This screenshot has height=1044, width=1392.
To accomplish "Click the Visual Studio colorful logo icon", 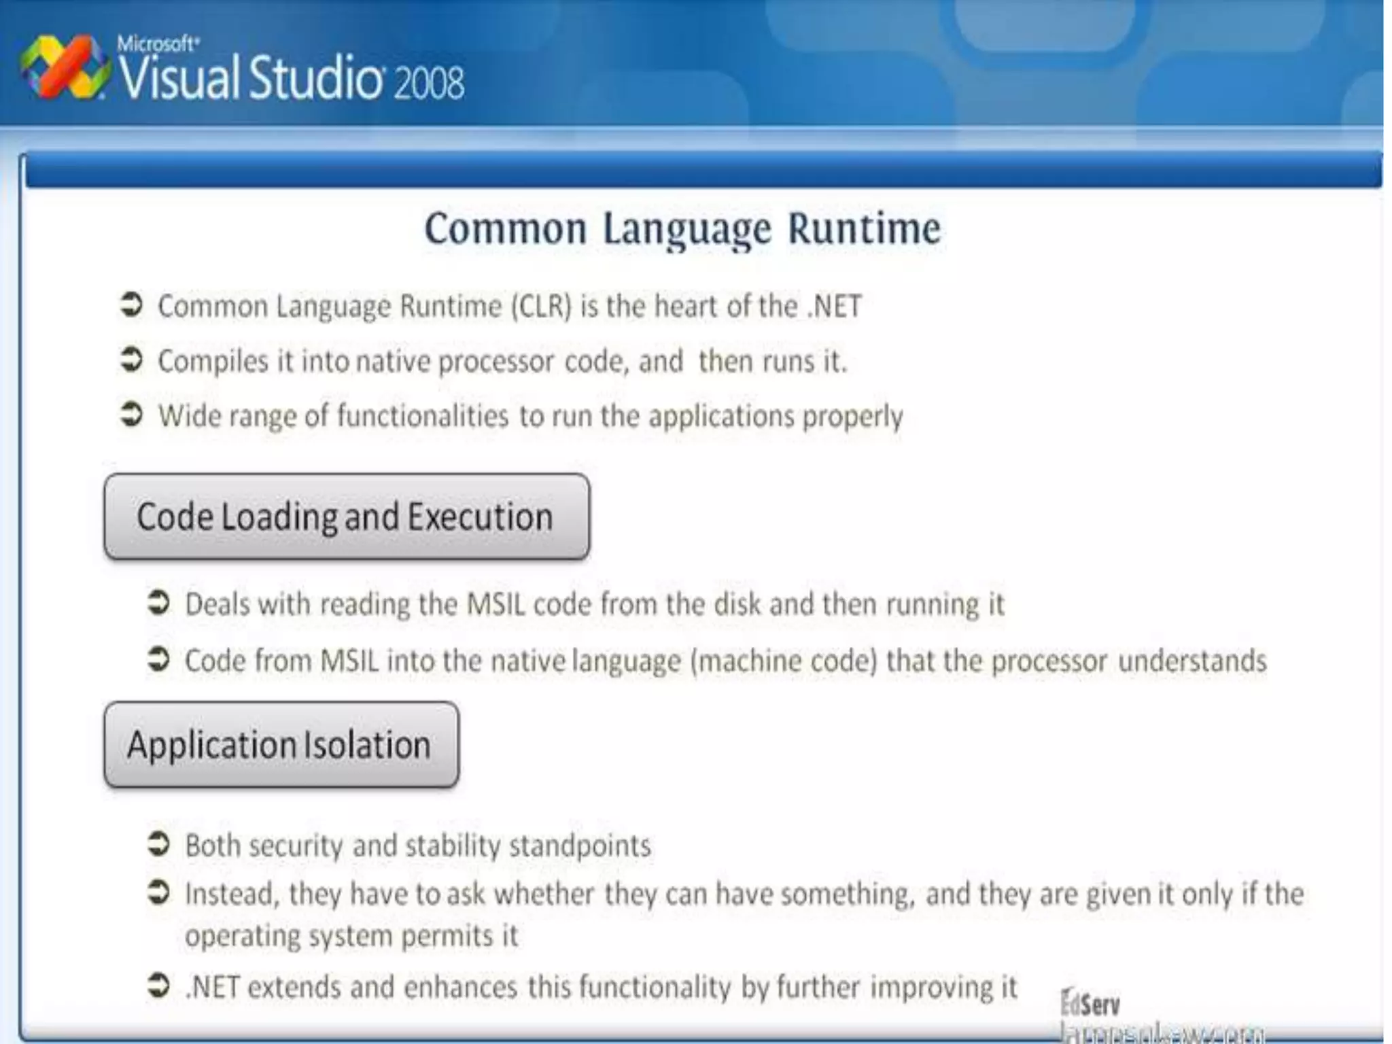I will pos(65,67).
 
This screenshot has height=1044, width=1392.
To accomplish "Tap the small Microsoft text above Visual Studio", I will pos(158,44).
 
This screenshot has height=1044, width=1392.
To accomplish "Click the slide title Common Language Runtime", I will pos(682,228).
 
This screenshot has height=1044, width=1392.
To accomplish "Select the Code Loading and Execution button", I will pos(347,517).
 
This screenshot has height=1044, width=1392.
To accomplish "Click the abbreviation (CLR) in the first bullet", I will pos(541,307).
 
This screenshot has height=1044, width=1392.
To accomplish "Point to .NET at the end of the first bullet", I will pos(835,307).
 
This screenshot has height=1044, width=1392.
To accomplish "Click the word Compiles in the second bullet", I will pos(213,362).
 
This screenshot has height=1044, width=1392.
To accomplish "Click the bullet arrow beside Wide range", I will pos(131,414).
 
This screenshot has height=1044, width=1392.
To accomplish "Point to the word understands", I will pos(1192,661).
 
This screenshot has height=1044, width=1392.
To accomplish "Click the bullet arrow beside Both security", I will pos(158,844).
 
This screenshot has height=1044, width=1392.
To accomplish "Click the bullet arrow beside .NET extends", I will pos(158,986).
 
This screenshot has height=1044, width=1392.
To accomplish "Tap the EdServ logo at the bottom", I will pos(1090,1004).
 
